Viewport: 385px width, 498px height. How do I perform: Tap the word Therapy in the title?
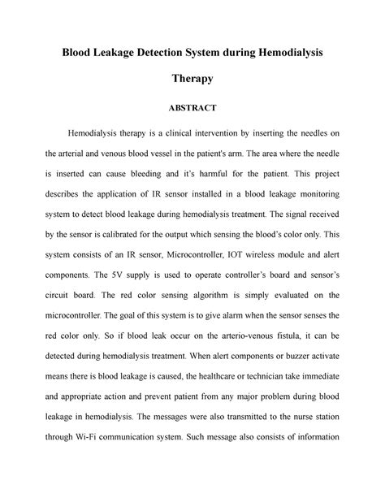(192, 80)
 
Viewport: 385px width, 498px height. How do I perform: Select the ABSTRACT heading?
(192, 106)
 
